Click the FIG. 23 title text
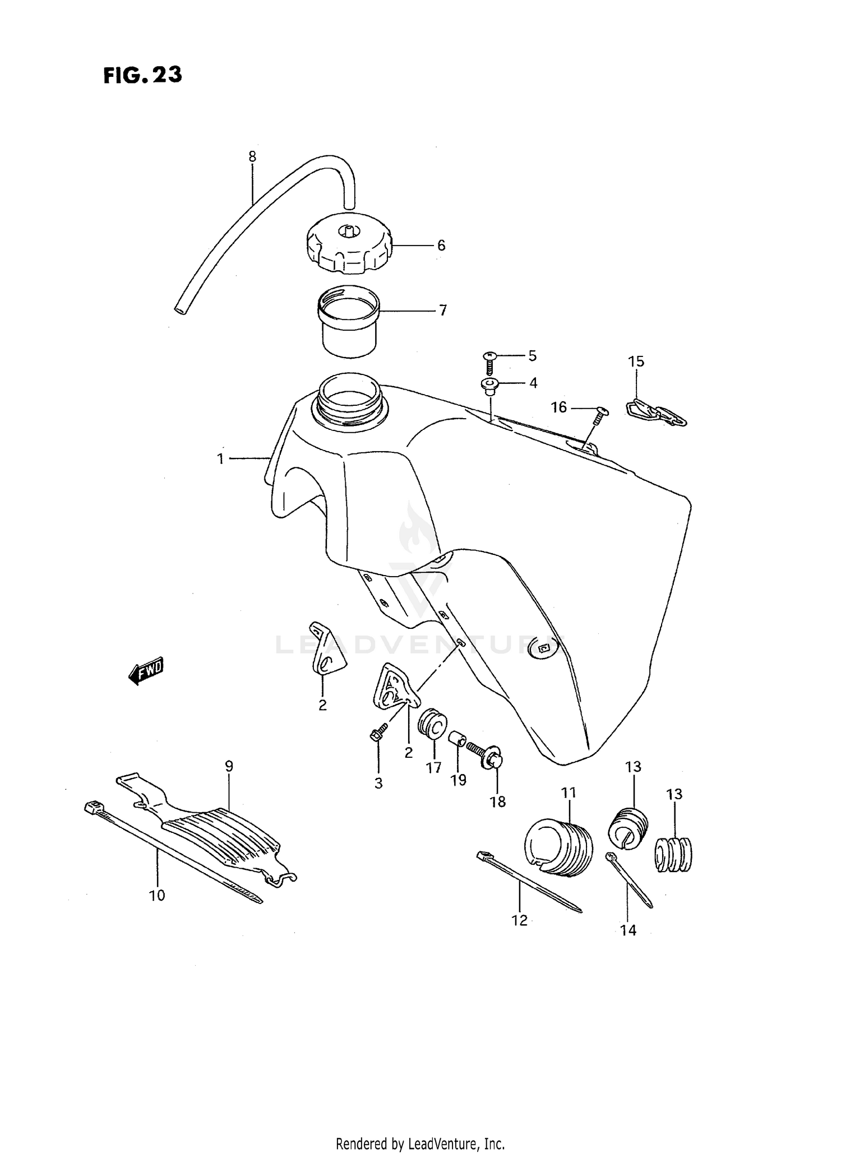pos(142,75)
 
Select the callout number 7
pos(442,310)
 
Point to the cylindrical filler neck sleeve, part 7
pos(349,322)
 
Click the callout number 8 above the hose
pos(252,157)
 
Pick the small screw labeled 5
pos(489,362)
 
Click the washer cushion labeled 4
pos(490,386)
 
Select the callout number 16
pos(558,407)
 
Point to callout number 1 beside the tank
pos(220,459)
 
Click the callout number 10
pos(157,896)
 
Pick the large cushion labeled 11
pos(560,848)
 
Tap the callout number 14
pos(628,930)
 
